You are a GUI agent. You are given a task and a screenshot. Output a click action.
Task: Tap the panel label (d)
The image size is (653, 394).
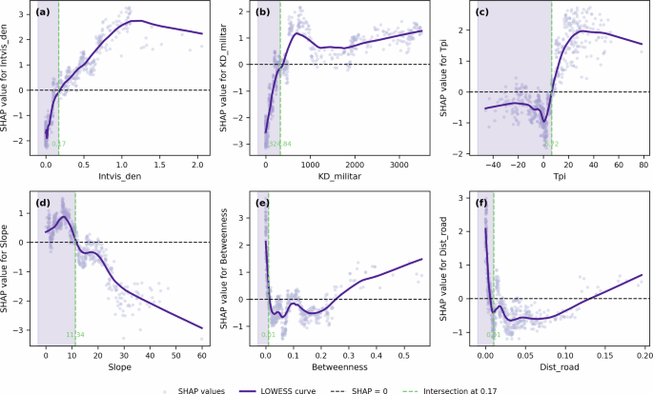pos(46,202)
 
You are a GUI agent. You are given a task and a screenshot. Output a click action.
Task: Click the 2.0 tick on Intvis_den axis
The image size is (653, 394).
pos(196,165)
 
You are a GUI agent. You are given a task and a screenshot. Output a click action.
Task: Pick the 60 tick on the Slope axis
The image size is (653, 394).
pos(201,353)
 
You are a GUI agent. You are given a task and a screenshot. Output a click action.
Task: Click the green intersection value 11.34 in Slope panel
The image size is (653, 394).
pos(75,334)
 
